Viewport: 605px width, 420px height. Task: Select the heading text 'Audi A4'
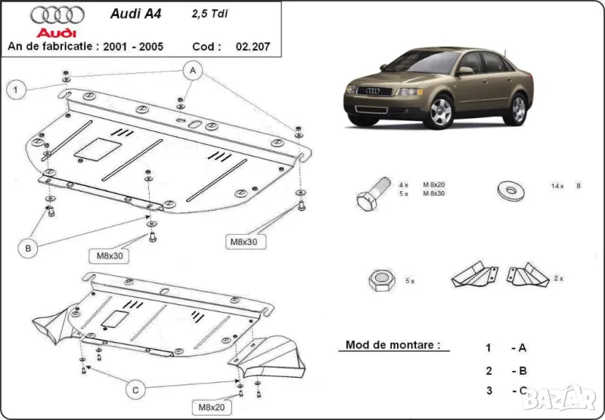pos(130,13)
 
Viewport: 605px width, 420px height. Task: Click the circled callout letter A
pos(194,70)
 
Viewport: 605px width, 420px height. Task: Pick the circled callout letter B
pos(27,246)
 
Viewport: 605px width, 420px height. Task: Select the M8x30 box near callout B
pos(110,255)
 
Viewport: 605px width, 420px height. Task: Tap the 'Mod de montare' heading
pos(392,345)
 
